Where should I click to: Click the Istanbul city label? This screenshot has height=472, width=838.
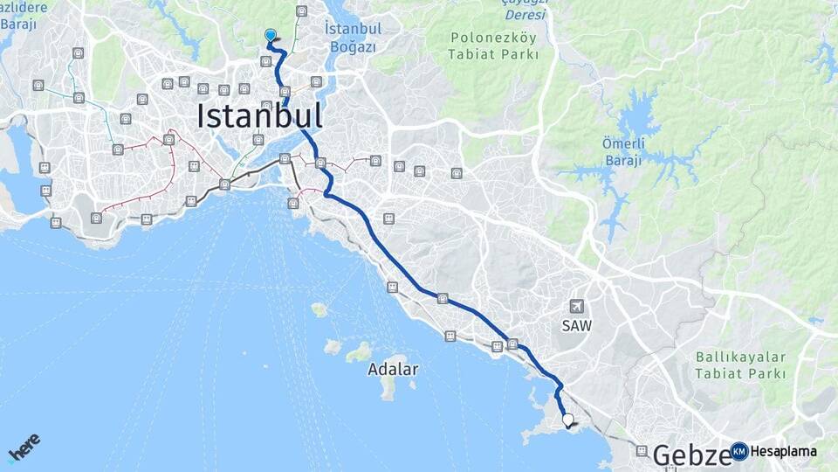coord(259,116)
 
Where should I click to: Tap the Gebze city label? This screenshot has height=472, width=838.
coord(692,455)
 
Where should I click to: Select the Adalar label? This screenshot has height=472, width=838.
coord(392,370)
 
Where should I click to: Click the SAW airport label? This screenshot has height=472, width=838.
coord(576,326)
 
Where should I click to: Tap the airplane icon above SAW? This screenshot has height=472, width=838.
coord(576,306)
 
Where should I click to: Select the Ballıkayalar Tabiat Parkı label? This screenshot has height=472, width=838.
coord(741,365)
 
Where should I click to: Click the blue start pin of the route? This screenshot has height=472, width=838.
coord(271,36)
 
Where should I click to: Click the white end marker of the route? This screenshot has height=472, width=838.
coord(568,420)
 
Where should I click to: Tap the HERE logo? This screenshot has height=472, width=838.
coord(24,447)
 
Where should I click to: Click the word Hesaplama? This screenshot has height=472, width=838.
coord(783,452)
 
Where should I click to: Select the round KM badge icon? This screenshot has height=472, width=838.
coord(739,452)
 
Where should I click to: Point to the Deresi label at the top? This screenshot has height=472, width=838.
coord(526,15)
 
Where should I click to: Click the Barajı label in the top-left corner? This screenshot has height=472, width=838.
coord(18,24)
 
